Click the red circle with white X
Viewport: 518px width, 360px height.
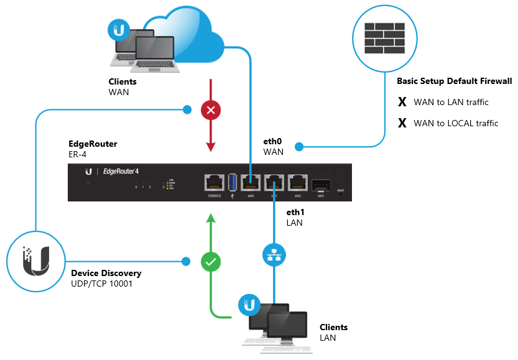point(211,111)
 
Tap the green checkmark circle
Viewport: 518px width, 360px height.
point(211,262)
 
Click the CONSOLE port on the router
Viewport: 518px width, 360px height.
point(216,182)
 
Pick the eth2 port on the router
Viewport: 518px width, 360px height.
point(298,182)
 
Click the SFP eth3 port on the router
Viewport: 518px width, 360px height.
point(321,183)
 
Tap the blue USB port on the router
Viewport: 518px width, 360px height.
point(233,182)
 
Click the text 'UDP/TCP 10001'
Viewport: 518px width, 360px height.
point(101,284)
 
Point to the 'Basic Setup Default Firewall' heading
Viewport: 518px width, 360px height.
point(454,81)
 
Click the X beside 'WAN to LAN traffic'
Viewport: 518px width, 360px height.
point(402,102)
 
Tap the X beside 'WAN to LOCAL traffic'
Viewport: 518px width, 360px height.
point(402,123)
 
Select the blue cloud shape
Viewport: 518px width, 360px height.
point(187,37)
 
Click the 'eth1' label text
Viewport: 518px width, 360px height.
point(295,212)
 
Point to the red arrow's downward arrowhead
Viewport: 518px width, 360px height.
point(211,147)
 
